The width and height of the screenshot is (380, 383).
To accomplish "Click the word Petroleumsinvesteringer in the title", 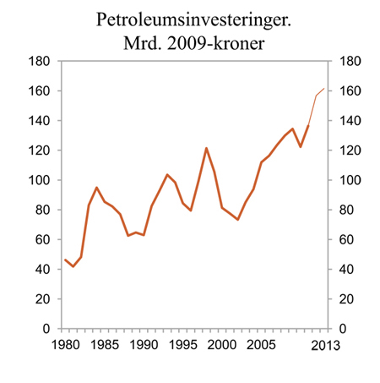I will point(189,17).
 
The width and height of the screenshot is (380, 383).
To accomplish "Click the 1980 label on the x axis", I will point(65,344).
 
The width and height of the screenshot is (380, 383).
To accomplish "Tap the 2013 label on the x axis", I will point(324,344).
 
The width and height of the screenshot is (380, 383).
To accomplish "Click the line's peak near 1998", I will point(206,148).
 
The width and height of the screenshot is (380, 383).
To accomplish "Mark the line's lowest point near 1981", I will point(73,266).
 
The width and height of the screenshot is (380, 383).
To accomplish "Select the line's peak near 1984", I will point(96,187).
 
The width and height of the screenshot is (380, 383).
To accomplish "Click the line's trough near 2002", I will point(237,220).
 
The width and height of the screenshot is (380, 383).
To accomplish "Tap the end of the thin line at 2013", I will point(324,89).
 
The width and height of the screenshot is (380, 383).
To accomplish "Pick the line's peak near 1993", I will point(167,174).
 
